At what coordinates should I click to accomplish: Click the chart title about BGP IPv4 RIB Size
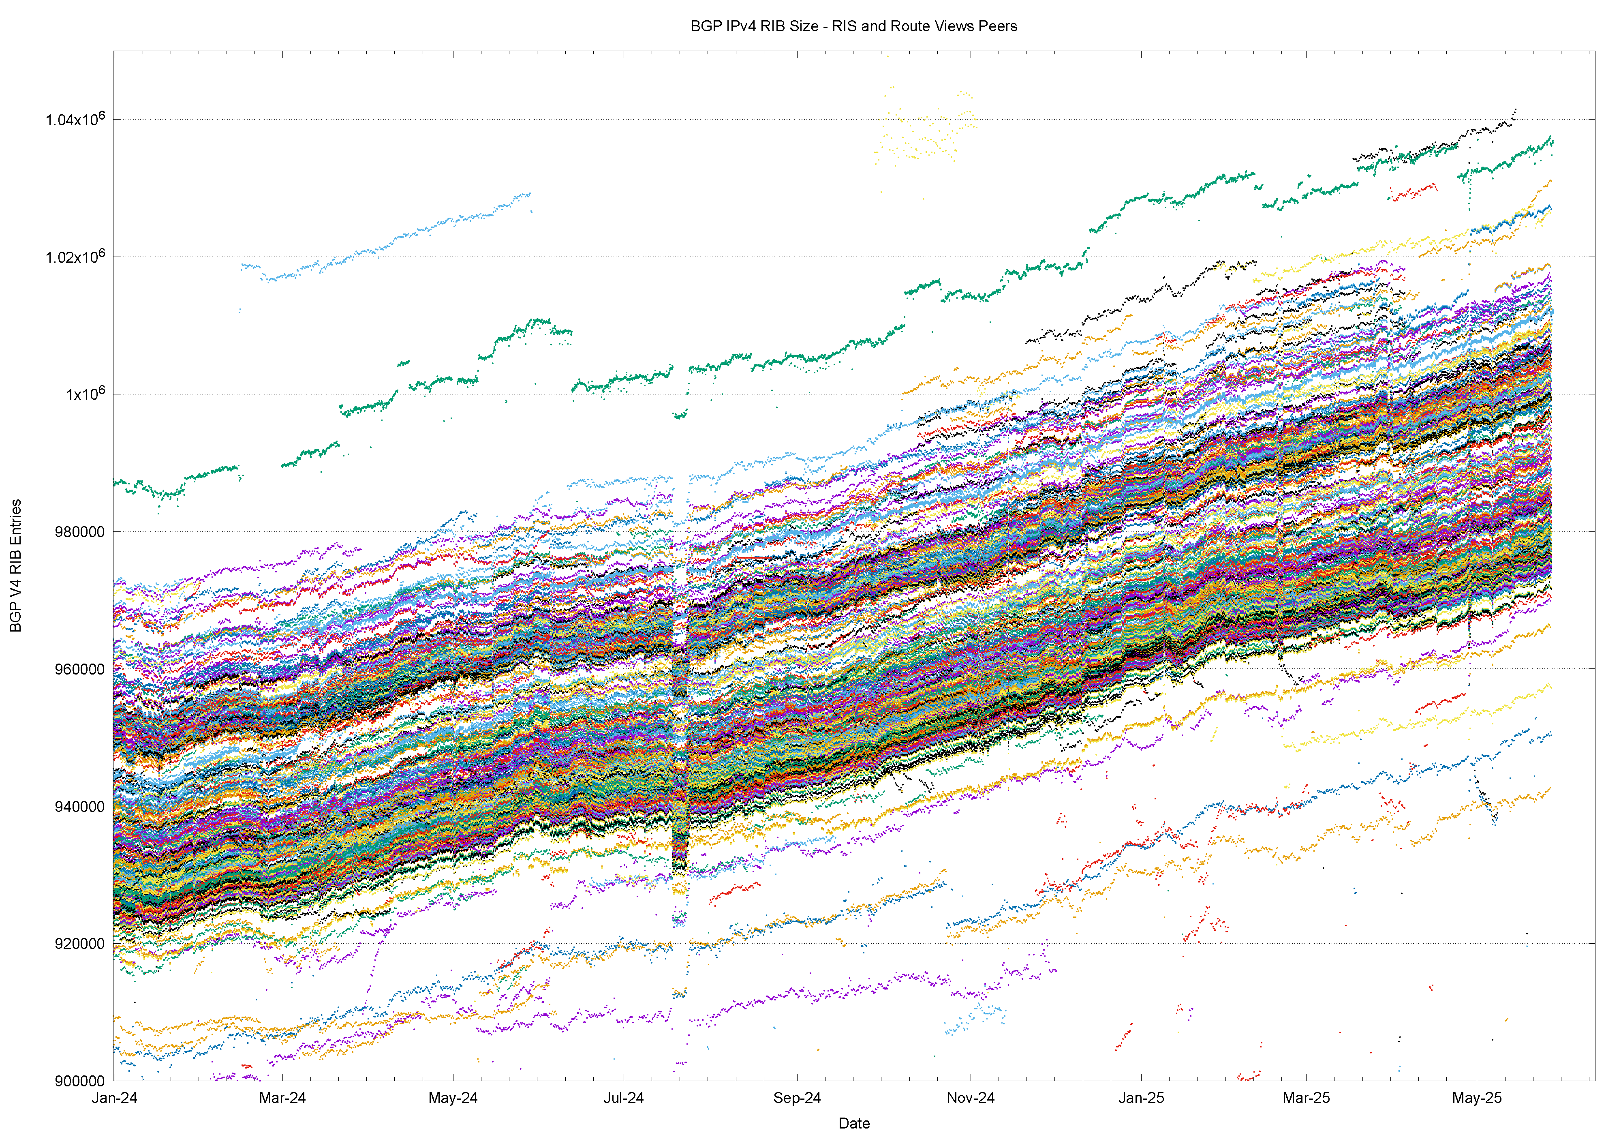(x=853, y=26)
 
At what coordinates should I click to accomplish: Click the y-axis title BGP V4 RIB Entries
(x=15, y=565)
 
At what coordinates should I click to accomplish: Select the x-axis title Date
(x=853, y=1123)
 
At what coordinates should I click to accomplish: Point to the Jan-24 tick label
(x=114, y=1098)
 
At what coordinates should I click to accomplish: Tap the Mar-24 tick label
(x=282, y=1098)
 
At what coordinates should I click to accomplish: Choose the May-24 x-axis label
(x=453, y=1098)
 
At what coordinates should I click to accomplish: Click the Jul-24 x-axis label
(x=623, y=1098)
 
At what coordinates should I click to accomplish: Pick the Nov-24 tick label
(x=970, y=1098)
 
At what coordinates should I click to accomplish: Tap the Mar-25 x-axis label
(x=1306, y=1098)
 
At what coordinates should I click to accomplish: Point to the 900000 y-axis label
(x=79, y=1081)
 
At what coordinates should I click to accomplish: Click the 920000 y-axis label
(x=79, y=944)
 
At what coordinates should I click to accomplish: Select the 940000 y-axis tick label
(x=79, y=807)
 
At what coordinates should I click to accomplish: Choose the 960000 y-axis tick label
(x=79, y=669)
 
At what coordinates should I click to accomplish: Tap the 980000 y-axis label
(x=79, y=532)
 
